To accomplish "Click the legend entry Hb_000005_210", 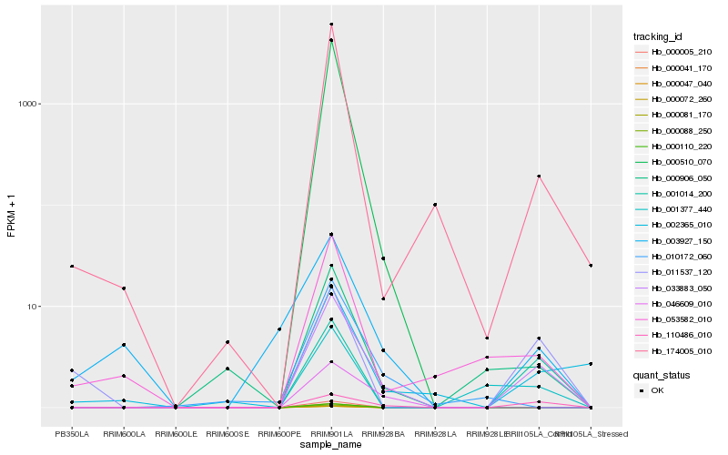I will coord(674,52).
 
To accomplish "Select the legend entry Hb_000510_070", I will coord(674,162).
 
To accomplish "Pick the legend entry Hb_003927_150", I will coord(674,241).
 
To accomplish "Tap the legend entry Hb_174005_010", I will coord(674,350).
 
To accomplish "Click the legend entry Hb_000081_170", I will coord(674,115).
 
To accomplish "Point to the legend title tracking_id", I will coord(658,36).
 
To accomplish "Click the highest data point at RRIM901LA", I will coord(331,25).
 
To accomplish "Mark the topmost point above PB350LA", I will coord(72,267).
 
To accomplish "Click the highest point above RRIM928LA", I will coord(435,205).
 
